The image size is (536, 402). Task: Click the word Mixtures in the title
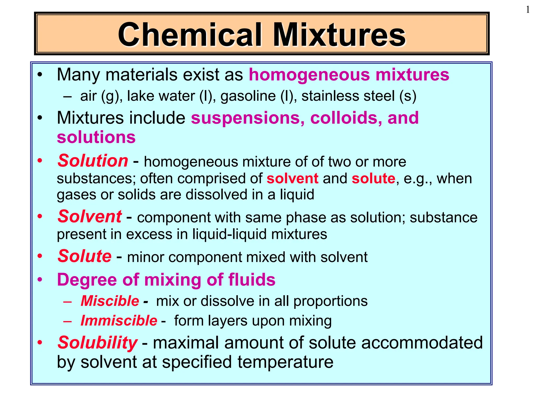[339, 35]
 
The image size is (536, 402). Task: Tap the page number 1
[528, 10]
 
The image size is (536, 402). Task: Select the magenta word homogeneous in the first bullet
[309, 75]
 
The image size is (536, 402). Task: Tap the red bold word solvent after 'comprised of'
[292, 178]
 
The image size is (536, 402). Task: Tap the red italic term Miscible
[110, 301]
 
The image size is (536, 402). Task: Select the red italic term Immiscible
[119, 321]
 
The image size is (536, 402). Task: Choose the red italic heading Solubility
[97, 343]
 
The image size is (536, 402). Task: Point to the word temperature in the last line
[285, 362]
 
